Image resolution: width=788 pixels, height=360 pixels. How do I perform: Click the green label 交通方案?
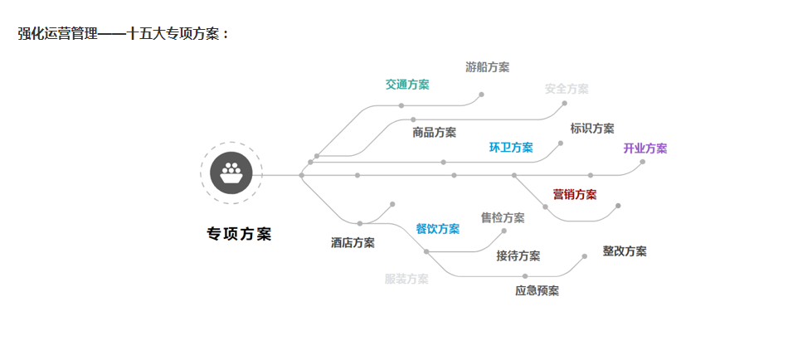pos(407,85)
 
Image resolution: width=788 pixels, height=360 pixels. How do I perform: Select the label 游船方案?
pos(488,67)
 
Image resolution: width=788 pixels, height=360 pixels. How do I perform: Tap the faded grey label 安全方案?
pos(567,89)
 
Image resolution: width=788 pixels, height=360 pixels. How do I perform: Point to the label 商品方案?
pos(435,132)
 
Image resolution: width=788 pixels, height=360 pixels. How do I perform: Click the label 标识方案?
pos(592,129)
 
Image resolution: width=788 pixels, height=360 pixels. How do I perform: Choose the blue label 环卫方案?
pos(511,148)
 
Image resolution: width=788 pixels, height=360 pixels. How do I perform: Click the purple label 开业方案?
pos(645,148)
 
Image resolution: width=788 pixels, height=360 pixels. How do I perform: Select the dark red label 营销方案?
pos(575,195)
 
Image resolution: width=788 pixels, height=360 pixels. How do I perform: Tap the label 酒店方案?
pos(353,243)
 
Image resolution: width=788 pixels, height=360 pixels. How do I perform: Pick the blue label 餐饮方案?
pos(438,229)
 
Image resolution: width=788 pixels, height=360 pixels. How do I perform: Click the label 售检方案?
pos(503,218)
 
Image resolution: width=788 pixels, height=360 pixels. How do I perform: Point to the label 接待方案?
pos(518,255)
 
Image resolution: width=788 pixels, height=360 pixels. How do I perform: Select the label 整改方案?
pos(625,251)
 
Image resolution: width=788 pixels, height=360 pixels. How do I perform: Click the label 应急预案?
pos(537,290)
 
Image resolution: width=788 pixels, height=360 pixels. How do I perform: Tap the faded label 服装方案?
pos(406,280)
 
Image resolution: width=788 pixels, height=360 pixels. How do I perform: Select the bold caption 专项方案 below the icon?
pos(239,234)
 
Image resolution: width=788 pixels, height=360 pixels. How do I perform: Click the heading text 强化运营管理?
pos(57,34)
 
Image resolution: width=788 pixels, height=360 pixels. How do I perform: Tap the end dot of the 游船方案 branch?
pos(481,95)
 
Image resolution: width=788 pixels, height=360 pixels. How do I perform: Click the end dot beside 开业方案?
pos(643,162)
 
